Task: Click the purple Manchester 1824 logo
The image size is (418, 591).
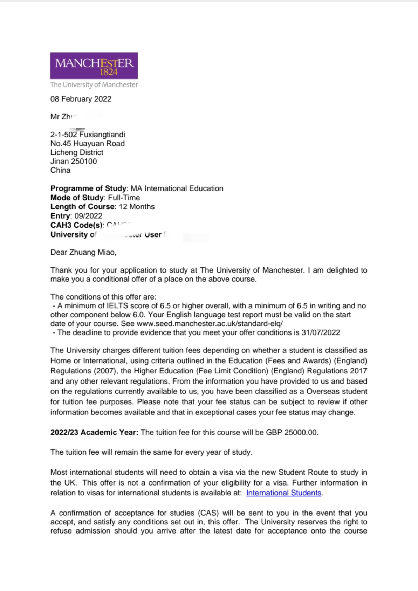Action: tap(94, 65)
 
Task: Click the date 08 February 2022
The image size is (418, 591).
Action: tap(81, 99)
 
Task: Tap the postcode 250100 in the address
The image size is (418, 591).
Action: tap(84, 161)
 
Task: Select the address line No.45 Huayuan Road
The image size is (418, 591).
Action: tap(87, 143)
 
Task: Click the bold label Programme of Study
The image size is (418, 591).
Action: tap(88, 188)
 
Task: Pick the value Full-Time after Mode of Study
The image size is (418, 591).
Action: tap(124, 198)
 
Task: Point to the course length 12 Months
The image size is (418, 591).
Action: tap(137, 206)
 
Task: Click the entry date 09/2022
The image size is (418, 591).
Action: tap(88, 216)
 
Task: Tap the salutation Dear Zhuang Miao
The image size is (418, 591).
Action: tap(83, 252)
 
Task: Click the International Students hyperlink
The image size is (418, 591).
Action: tap(284, 493)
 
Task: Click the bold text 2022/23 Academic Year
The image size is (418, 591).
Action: tap(94, 432)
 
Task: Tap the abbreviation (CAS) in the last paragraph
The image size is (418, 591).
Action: tap(209, 513)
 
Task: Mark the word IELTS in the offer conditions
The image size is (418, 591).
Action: tap(117, 306)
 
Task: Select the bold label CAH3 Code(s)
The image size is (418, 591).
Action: tap(77, 225)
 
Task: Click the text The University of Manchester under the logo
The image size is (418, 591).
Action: tap(94, 84)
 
